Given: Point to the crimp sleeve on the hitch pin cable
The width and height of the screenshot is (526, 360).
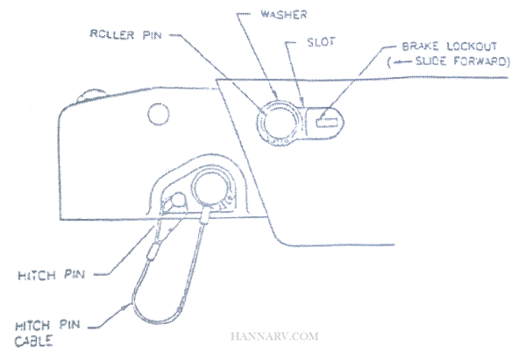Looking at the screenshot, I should coord(155,252).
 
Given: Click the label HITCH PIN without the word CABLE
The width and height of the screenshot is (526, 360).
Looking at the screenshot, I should coord(53,274).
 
